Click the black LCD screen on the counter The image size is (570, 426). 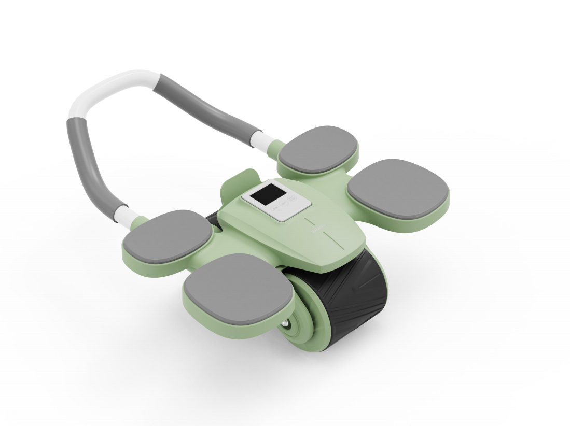(268, 194)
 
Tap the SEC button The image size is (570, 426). (284, 203)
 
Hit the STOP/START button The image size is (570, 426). (292, 198)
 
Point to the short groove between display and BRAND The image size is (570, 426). (310, 221)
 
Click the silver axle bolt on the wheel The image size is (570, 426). (286, 325)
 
